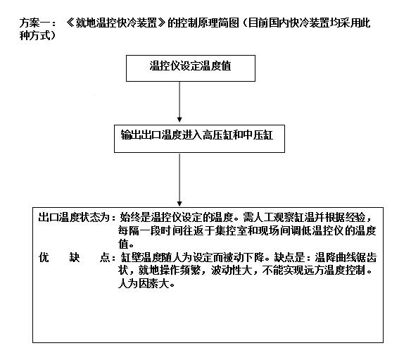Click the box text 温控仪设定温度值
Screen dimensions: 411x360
pos(190,66)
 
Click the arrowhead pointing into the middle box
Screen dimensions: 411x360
pos(179,120)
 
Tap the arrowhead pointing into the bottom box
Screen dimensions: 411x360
pos(179,204)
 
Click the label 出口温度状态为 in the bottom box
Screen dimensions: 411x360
pos(74,217)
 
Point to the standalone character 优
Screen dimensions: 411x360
pos(44,257)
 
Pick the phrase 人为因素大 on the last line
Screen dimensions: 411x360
pos(144,284)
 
